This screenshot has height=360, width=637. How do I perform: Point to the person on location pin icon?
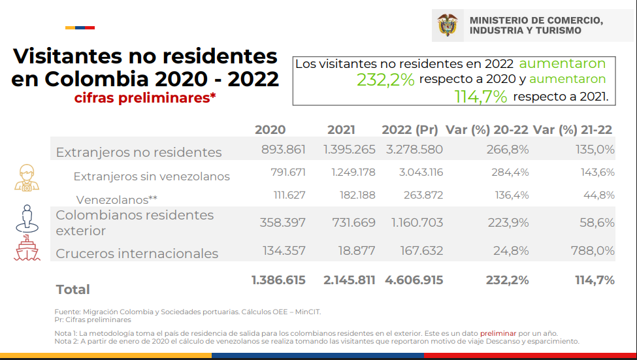point(27,218)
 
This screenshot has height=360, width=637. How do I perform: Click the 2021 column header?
point(341,130)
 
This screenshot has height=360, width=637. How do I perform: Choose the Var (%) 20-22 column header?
point(487,130)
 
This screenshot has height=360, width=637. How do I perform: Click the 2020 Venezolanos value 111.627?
point(284,195)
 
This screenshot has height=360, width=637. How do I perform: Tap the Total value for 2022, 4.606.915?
point(414,280)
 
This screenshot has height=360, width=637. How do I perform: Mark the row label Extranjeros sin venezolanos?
point(152,176)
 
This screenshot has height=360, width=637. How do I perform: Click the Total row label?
point(73,289)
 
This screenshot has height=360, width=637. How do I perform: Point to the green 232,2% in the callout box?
point(385,80)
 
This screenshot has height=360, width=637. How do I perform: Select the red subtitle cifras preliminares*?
point(144,98)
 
